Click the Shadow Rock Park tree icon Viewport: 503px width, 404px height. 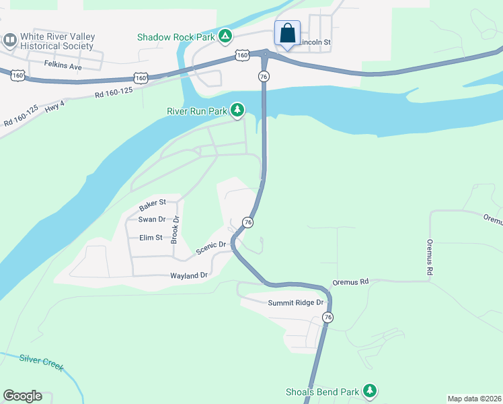[226, 36]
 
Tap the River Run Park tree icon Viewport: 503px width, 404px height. [237, 109]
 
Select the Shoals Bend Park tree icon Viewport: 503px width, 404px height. [369, 391]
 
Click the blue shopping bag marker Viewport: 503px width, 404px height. [287, 33]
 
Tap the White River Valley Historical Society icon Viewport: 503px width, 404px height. [10, 41]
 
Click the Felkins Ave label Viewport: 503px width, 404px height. [63, 66]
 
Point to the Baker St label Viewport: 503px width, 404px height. [153, 203]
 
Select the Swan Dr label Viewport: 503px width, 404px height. [151, 220]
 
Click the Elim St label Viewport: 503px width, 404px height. [151, 237]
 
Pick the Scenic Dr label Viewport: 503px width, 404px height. [210, 248]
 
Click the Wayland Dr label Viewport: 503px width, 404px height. [189, 275]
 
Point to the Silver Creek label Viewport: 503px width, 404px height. [41, 363]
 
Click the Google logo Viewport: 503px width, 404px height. [22, 396]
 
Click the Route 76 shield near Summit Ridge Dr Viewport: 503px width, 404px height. [327, 317]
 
